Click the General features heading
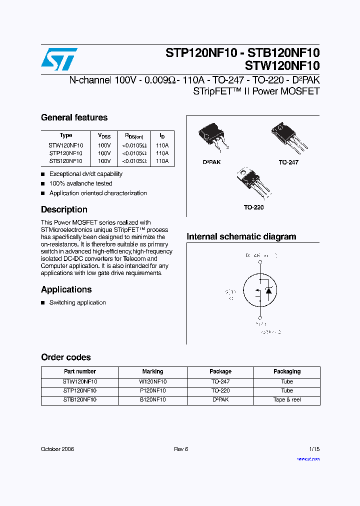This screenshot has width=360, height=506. coord(74,117)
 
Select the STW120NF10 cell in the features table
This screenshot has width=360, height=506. coord(66,145)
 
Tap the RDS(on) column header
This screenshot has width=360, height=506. coord(134,135)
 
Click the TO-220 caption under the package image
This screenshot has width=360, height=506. coord(253,207)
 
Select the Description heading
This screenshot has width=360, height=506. coord(64,209)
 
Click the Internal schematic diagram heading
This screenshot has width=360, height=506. coord(241,236)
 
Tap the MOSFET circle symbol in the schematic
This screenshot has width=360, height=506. coord(260,291)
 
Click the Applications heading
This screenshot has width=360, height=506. coord(66,289)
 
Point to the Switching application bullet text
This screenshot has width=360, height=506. coord(77,302)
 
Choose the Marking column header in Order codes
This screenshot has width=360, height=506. coord(152,371)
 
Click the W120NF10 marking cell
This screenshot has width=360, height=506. coord(152,381)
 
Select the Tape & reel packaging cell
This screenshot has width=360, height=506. coord(287,399)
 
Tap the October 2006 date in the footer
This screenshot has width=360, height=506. coord(57,449)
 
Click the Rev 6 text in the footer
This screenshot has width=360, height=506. coord(181,449)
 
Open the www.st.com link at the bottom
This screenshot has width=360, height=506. coord(308,458)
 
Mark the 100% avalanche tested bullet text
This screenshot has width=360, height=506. coord(80,183)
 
